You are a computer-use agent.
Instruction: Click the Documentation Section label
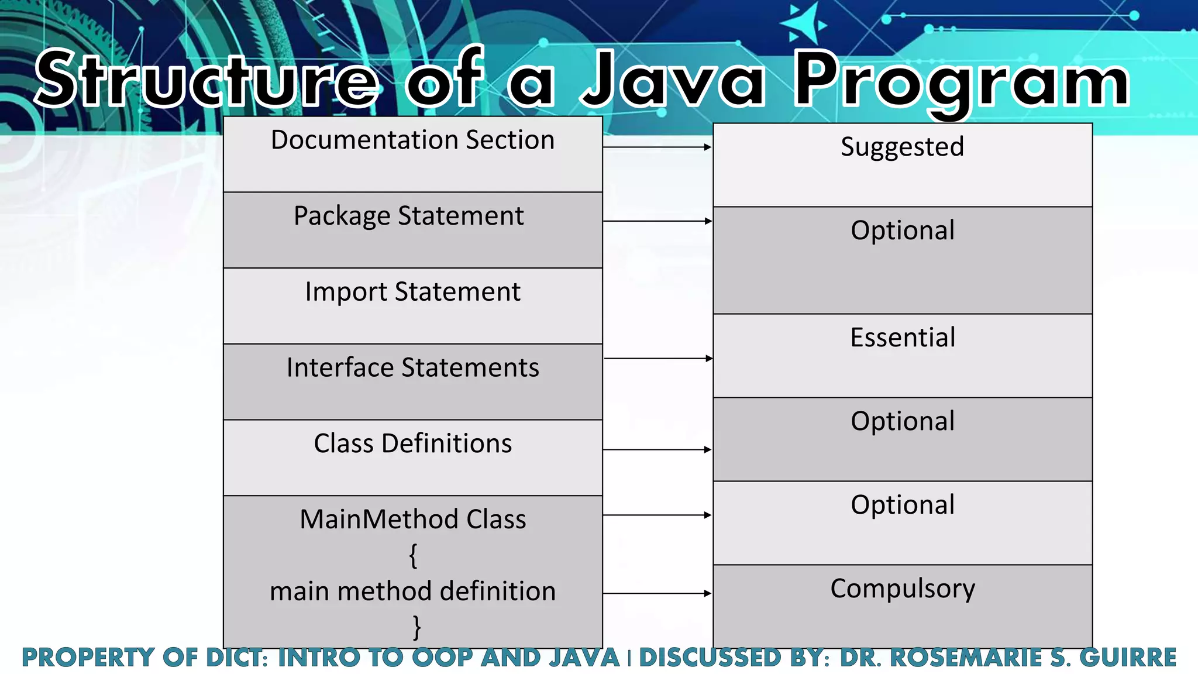412,140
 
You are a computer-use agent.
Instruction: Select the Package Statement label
408,216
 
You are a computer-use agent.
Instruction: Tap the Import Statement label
412,292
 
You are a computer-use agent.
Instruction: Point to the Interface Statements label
412,367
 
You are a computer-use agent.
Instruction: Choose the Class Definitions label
412,443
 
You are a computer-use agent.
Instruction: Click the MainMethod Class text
412,520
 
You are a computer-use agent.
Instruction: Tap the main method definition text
412,592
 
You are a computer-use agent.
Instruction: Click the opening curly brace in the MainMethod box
413,555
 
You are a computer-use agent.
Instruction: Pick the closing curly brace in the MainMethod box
416,627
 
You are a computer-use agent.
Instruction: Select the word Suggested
902,147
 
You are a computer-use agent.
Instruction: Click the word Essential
903,338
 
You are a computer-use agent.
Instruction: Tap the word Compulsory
903,589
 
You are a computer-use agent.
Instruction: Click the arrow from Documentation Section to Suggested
657,147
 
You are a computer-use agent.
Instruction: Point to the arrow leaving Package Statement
657,221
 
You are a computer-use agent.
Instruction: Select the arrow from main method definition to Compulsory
657,593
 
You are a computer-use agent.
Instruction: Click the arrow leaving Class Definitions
657,449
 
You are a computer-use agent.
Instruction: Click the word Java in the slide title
673,79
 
